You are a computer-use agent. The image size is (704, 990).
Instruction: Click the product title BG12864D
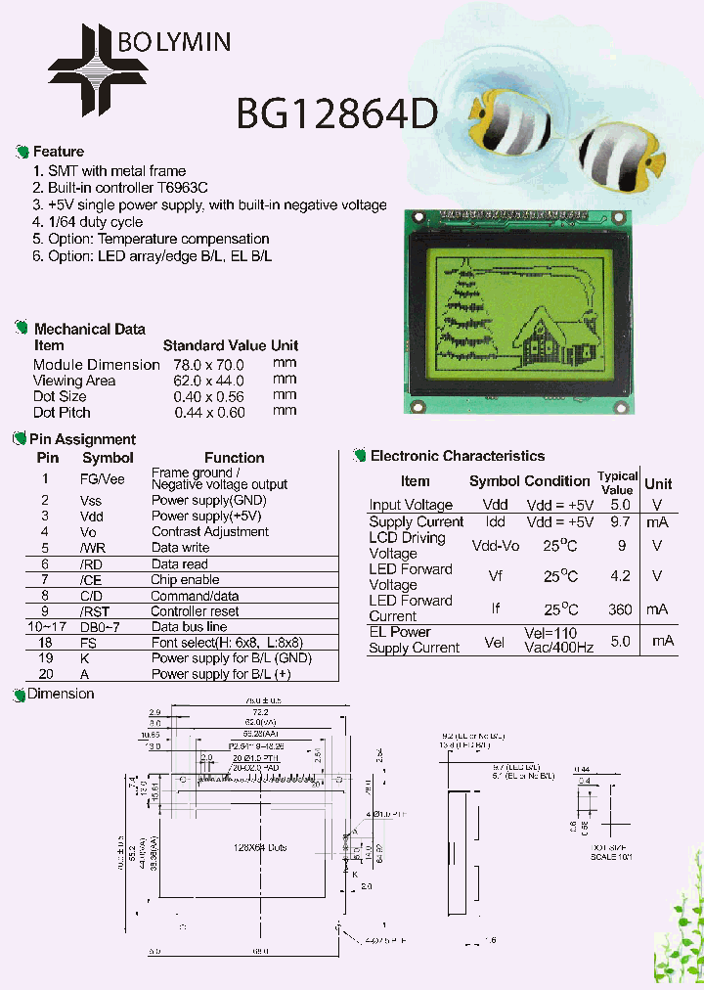335,115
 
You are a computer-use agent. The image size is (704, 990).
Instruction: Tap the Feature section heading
59,152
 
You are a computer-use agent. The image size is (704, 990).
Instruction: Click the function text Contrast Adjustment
209,532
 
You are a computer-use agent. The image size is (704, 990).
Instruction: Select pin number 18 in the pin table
45,643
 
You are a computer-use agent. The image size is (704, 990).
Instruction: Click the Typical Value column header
617,482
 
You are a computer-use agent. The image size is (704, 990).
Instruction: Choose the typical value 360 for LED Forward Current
620,608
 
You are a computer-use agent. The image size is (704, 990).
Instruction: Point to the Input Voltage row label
411,505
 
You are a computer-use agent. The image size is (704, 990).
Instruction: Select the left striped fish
507,125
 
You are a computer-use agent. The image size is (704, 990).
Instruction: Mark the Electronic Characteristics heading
457,456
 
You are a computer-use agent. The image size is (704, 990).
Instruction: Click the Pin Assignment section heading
82,439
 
